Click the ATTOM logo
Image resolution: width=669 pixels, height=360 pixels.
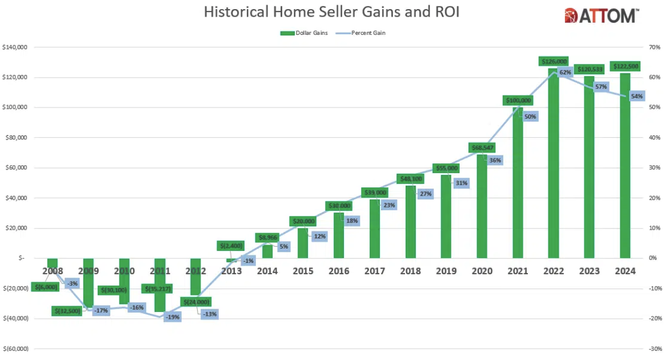(x=602, y=15)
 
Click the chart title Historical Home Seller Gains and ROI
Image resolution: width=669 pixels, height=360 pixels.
(x=331, y=12)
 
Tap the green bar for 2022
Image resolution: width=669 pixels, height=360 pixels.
(x=553, y=166)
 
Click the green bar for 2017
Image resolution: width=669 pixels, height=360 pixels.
(x=375, y=229)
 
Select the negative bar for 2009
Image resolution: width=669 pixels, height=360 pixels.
(x=89, y=280)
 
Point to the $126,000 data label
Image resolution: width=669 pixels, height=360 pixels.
(x=553, y=61)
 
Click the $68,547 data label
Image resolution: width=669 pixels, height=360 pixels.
(x=482, y=147)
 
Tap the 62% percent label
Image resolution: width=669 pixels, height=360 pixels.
(x=565, y=73)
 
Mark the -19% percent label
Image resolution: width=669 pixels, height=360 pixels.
(x=172, y=317)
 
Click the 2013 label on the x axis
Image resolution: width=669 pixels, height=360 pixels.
(x=231, y=271)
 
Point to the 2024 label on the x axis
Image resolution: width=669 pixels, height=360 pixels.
(x=624, y=271)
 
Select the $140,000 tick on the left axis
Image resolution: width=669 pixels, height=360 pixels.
(x=15, y=47)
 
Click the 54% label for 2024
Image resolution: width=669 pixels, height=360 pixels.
(x=636, y=97)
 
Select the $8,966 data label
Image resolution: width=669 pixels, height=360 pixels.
(x=267, y=236)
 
